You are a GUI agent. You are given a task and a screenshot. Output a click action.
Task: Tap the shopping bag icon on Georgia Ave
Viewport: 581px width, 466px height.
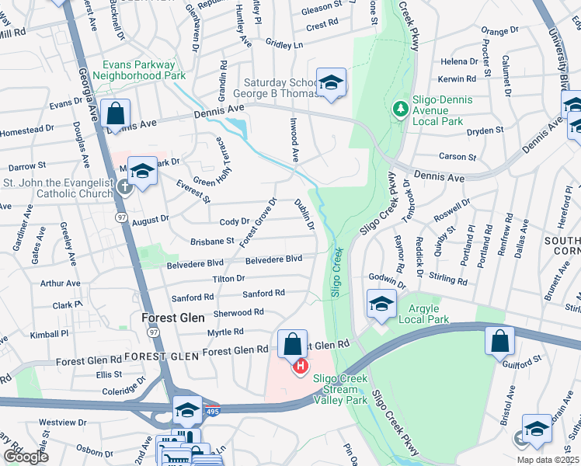[115, 113]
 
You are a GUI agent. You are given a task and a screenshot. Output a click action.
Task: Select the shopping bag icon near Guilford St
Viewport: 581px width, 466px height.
[500, 340]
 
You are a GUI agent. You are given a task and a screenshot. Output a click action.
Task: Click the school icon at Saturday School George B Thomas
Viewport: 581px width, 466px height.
[331, 82]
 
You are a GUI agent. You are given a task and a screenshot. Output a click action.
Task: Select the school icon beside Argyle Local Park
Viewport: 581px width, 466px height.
[381, 304]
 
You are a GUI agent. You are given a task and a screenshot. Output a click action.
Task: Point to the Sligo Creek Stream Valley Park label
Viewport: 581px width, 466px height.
[339, 389]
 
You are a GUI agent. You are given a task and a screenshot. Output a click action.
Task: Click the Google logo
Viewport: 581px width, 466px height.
[26, 457]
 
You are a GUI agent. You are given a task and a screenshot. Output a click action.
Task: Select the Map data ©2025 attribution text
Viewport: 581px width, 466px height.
[547, 460]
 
